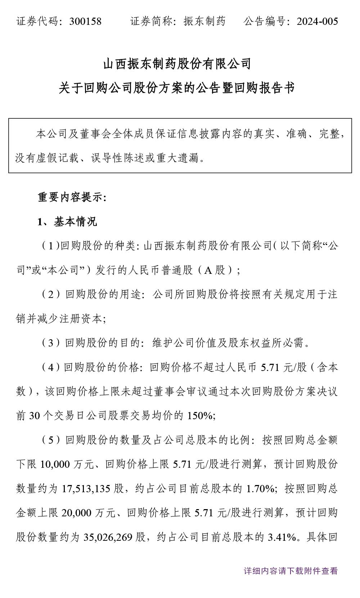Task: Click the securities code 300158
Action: tap(85, 22)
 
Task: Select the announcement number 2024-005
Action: tap(317, 22)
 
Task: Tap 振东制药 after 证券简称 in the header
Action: tap(204, 22)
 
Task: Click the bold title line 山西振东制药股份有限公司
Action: tap(177, 64)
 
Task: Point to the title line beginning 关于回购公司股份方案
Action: tap(177, 88)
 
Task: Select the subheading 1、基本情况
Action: tap(67, 222)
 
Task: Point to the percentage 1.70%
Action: tap(260, 489)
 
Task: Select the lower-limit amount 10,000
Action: tap(55, 465)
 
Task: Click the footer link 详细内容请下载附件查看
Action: tap(291, 571)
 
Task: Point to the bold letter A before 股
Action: tap(208, 270)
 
